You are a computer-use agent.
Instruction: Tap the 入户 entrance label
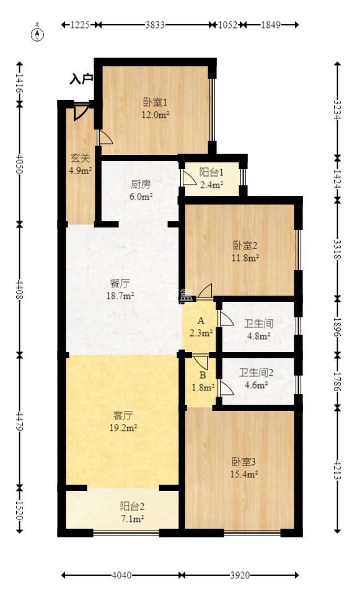click(x=81, y=79)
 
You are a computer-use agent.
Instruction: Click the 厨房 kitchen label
click(x=141, y=184)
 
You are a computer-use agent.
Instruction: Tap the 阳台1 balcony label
click(x=211, y=172)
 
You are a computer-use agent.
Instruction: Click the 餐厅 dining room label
click(x=120, y=283)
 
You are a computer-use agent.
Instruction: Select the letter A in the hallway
click(x=200, y=321)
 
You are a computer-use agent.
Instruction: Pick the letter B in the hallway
click(x=202, y=375)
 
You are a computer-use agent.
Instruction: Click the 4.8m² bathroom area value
click(x=258, y=337)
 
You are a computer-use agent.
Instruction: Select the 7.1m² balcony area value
click(x=131, y=519)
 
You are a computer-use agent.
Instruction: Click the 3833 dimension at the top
click(x=155, y=25)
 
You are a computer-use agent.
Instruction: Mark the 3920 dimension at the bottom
click(x=240, y=575)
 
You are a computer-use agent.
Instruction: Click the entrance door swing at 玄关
click(x=79, y=113)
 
